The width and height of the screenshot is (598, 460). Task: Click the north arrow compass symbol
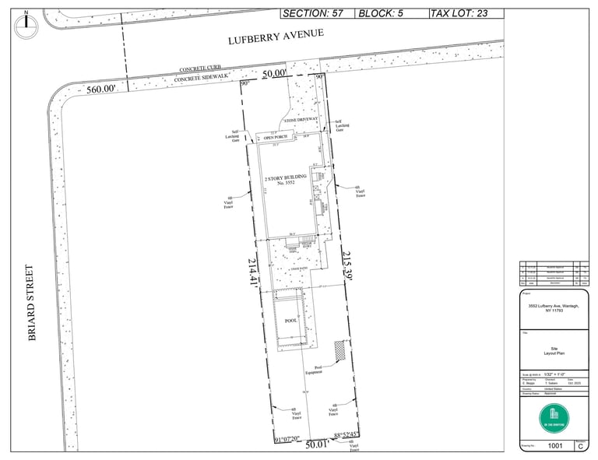click(x=26, y=24)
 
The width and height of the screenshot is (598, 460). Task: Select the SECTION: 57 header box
click(x=315, y=13)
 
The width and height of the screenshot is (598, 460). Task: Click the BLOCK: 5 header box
click(x=390, y=13)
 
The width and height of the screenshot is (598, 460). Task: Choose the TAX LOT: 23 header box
click(x=465, y=13)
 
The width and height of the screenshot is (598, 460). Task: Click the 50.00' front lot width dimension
click(x=275, y=73)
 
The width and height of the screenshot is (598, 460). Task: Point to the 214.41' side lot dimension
click(x=253, y=272)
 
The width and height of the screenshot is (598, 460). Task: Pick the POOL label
click(x=291, y=321)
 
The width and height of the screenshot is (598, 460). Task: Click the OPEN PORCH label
click(x=275, y=137)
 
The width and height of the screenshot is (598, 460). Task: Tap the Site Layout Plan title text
click(x=554, y=351)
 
